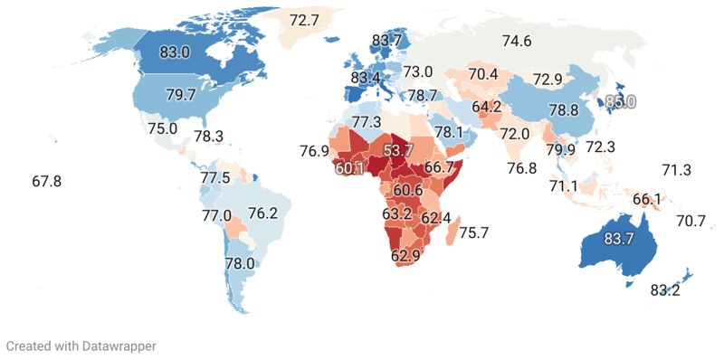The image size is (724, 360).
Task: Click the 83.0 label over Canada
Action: [174, 52]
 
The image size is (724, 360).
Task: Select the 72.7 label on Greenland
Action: [304, 19]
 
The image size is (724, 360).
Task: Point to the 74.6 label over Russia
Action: [517, 40]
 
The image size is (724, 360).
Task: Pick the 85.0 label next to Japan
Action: [620, 102]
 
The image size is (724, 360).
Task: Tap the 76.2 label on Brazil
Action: [262, 214]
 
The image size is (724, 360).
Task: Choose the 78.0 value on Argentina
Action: [240, 263]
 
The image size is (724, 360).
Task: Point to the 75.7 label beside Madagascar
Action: [474, 232]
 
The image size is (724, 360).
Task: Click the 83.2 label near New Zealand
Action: [665, 290]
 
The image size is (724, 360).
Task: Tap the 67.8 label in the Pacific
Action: [46, 182]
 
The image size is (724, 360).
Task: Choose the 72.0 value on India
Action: [514, 134]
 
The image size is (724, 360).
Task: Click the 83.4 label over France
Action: [367, 78]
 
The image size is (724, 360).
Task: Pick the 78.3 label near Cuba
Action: [208, 137]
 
